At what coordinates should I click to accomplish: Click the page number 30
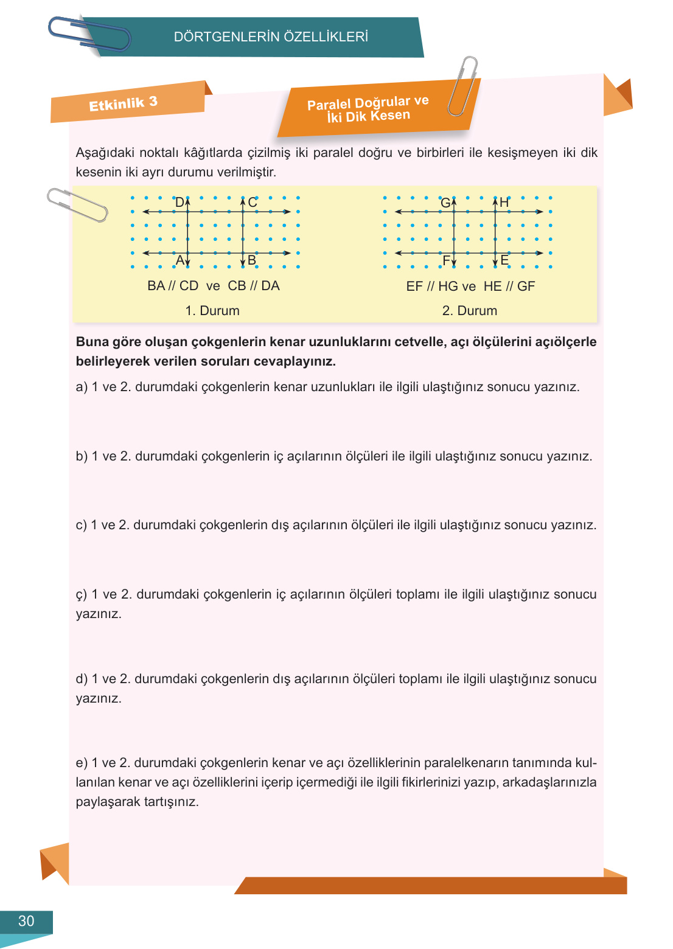coord(26,921)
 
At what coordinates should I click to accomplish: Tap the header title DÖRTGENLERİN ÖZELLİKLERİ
coord(271,36)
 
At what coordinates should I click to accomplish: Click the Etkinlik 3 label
coord(123,103)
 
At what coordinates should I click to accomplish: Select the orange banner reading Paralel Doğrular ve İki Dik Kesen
coord(368,109)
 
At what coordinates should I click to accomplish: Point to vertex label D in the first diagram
coord(180,202)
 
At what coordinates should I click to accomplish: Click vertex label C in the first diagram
coord(253,202)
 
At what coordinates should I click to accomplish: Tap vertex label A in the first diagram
coord(180,260)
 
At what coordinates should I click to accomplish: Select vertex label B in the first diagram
coord(252,260)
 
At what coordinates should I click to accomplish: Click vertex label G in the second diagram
coord(445,203)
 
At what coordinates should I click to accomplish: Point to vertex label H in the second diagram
coord(504,203)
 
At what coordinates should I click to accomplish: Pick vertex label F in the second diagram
coord(446,261)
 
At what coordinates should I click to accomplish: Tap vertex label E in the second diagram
coord(504,260)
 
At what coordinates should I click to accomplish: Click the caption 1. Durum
coord(212,310)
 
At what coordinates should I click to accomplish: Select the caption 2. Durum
coord(470,310)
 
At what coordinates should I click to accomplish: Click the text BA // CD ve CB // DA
coord(214,286)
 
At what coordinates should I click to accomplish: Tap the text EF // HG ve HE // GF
coord(470,286)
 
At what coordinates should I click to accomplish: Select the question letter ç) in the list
coord(82,594)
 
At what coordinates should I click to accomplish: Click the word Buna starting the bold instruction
coord(92,342)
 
